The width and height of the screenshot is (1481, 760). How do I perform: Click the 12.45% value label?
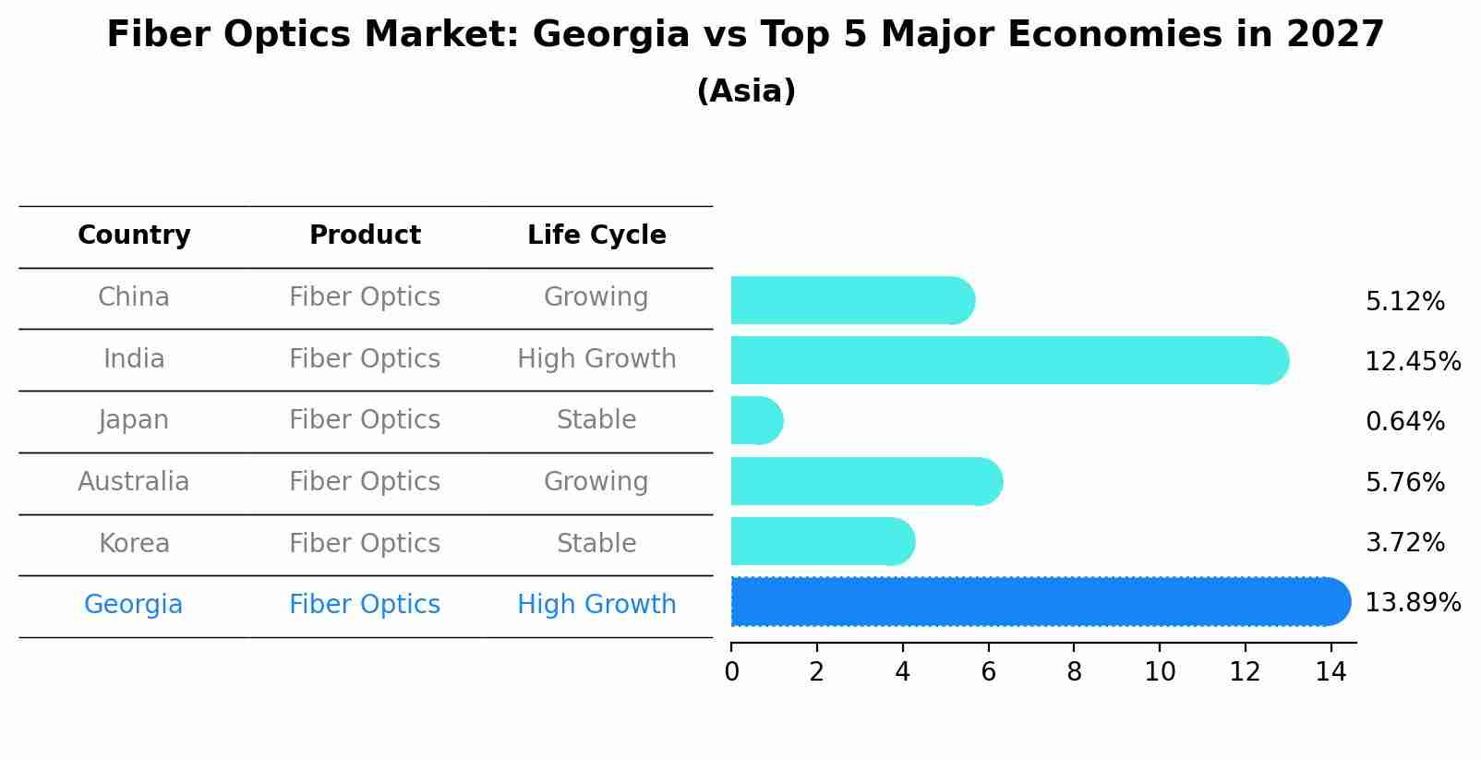(x=1412, y=362)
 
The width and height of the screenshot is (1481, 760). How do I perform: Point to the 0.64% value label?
(x=1404, y=422)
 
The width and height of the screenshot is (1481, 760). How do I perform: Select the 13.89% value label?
(x=1412, y=603)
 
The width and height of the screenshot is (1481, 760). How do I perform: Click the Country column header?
(x=134, y=235)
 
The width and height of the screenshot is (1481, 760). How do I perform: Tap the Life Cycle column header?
(x=596, y=235)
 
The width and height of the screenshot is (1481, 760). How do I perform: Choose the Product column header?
(x=365, y=235)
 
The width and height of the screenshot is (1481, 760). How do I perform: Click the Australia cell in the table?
(x=134, y=482)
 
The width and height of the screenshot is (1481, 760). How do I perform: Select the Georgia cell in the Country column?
(x=134, y=605)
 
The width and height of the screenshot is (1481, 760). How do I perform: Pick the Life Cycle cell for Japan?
(x=596, y=420)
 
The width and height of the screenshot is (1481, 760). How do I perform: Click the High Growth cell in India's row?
(x=596, y=359)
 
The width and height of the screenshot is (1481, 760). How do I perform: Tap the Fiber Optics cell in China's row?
(x=365, y=297)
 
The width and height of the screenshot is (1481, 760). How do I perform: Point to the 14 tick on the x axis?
(x=1330, y=672)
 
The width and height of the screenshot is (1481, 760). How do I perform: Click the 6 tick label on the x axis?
(x=988, y=672)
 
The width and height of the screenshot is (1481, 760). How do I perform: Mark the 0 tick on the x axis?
(x=731, y=672)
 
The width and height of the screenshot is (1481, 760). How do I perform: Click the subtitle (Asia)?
(x=746, y=91)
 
